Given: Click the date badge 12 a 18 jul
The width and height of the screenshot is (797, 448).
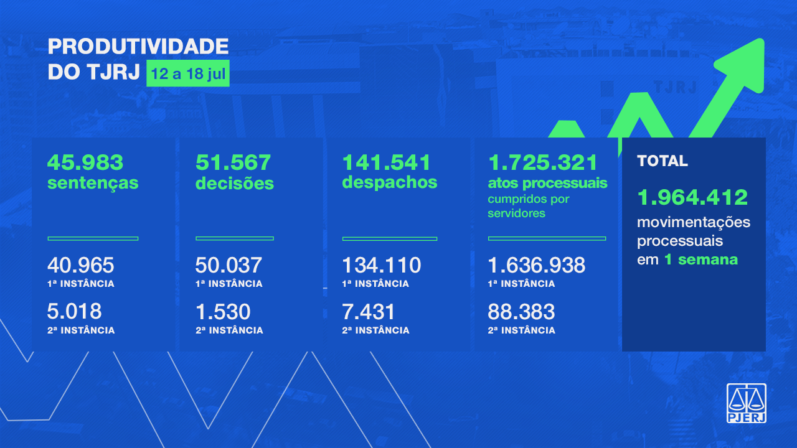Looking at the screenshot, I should (188, 75).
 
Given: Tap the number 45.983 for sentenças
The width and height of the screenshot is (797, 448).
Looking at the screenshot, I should (85, 163).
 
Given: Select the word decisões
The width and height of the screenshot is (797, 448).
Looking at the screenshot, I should (235, 184).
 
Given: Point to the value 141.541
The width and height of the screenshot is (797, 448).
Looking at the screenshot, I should (387, 163).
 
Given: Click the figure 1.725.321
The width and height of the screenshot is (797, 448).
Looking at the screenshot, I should (543, 163).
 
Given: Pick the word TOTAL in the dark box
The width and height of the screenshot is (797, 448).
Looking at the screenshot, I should (663, 161).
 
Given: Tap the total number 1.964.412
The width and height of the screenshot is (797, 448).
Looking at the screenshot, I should (692, 197).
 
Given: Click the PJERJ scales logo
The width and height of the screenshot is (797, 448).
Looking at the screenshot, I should (747, 403).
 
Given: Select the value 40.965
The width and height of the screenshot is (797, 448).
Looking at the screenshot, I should (81, 266).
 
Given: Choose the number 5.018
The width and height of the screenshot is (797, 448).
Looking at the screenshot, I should (75, 311).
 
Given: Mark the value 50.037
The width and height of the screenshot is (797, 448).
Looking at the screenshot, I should (229, 266).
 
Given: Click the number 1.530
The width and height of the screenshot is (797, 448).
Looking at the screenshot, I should (223, 311).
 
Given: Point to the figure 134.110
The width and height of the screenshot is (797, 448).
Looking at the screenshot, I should (382, 266).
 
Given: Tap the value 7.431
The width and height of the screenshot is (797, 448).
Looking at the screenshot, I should (369, 311).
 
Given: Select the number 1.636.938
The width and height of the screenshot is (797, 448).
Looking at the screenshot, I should (537, 266).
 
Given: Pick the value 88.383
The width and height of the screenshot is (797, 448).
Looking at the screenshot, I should (521, 311).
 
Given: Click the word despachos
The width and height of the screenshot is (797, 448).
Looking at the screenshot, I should (390, 183).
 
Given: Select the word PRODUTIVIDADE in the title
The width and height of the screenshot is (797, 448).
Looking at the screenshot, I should (138, 47).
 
